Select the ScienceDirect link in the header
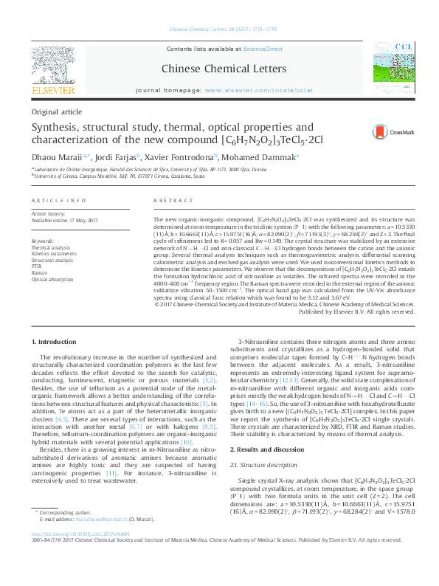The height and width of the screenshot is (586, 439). click(263, 49)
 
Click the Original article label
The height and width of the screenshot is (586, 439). click(57, 111)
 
